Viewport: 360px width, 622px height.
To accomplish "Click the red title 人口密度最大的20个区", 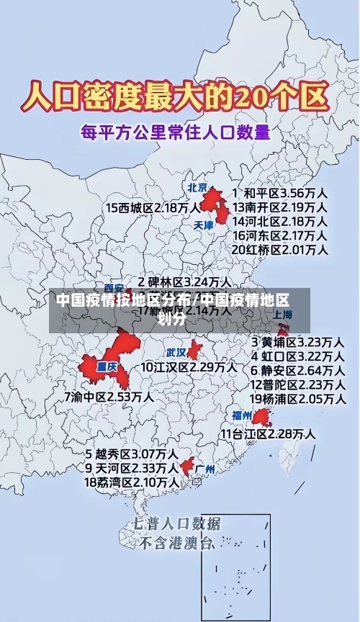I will (176, 96).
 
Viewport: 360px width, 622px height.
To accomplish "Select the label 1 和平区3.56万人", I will (280, 193).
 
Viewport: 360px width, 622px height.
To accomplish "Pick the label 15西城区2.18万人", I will (153, 207).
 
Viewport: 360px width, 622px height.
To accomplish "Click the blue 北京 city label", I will (197, 188).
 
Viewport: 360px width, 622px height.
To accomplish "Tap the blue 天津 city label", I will (204, 225).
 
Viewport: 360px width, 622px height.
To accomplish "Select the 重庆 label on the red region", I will (107, 365).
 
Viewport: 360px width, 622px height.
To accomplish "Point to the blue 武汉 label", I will (176, 353).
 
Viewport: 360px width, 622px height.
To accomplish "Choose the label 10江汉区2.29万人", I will (189, 367).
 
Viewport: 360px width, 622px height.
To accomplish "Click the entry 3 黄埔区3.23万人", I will (297, 341).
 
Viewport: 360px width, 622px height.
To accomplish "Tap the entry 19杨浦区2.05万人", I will (297, 398).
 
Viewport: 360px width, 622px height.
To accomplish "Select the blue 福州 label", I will (241, 415).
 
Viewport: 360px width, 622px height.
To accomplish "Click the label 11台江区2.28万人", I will (267, 433).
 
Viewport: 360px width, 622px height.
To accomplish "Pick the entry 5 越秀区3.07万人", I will (132, 454).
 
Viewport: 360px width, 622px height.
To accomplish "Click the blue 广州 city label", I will (205, 469).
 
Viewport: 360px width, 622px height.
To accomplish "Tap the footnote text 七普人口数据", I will (176, 523).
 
